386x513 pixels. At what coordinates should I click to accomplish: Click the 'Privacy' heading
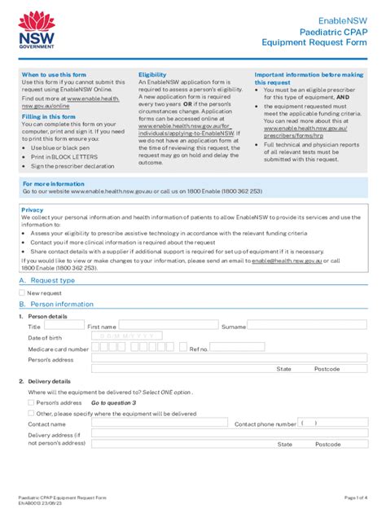click(x=33, y=209)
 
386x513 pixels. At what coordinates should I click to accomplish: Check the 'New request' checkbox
click(x=24, y=292)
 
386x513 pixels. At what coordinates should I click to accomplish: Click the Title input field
click(x=69, y=324)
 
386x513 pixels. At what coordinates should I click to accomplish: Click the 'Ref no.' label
click(x=200, y=349)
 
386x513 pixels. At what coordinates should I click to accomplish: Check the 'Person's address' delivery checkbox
click(x=31, y=402)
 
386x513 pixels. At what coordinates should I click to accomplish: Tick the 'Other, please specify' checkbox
click(x=31, y=413)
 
